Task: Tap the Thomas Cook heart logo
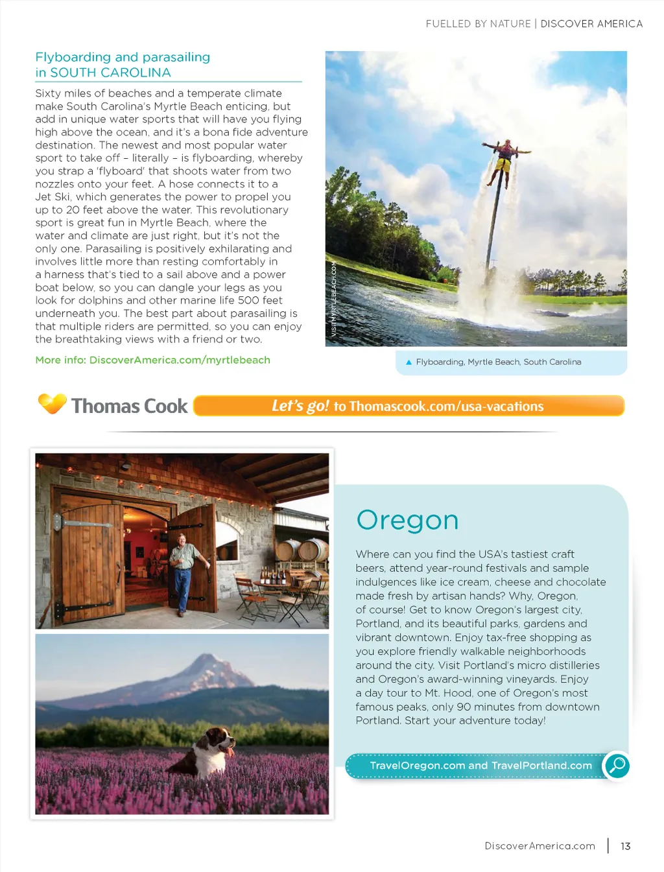point(53,403)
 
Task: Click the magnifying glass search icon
point(617,766)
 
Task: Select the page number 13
point(625,846)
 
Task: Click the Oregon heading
point(407,520)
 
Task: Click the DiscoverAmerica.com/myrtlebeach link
point(180,360)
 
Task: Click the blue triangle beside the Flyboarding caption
point(409,362)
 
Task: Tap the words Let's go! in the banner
point(300,406)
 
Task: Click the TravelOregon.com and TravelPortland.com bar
point(480,766)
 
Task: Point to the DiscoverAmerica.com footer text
point(539,846)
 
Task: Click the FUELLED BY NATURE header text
point(478,24)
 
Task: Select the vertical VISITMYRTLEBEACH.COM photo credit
point(334,298)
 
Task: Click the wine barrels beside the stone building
point(303,550)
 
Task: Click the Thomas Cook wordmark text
point(129,406)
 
